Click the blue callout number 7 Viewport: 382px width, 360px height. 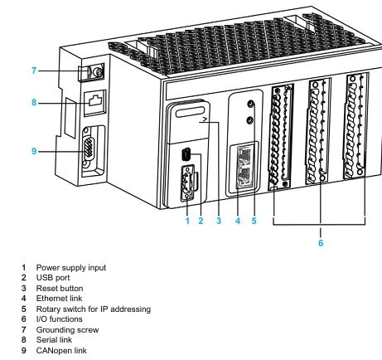(x=34, y=71)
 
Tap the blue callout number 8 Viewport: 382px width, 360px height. (x=34, y=103)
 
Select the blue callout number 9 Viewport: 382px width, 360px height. (x=34, y=151)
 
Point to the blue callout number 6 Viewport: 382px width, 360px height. (x=321, y=243)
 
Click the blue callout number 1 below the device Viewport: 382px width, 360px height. (x=187, y=221)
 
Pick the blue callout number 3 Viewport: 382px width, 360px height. (x=219, y=221)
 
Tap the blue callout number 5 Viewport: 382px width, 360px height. (x=254, y=221)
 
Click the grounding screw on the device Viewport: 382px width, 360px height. (x=96, y=72)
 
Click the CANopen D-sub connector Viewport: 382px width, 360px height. (x=89, y=151)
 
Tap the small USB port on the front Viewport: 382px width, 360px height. (x=186, y=154)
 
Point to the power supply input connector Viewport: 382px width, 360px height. (x=187, y=182)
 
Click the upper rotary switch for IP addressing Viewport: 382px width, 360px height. (x=250, y=104)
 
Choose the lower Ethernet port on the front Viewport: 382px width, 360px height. (x=244, y=177)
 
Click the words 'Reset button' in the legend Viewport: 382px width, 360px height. (x=60, y=289)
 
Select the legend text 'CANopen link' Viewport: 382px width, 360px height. (x=61, y=351)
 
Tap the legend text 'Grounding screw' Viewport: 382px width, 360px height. (x=67, y=330)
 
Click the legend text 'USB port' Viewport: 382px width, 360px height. (x=53, y=278)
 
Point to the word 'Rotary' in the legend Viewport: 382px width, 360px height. (x=48, y=309)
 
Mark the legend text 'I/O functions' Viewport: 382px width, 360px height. (x=60, y=319)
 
